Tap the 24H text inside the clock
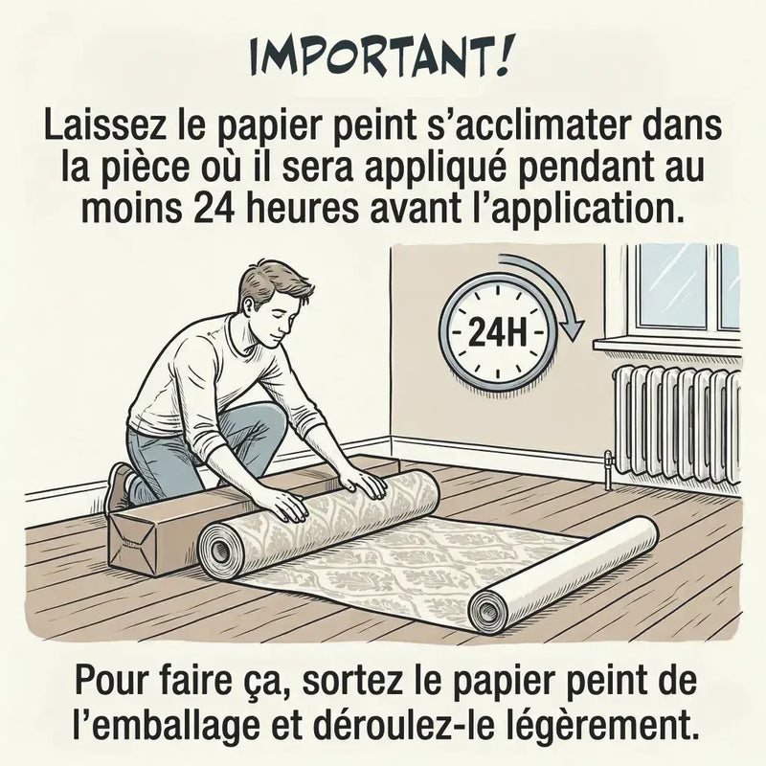pos(498,334)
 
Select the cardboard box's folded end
pos(130,541)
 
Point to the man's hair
pos(274,282)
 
